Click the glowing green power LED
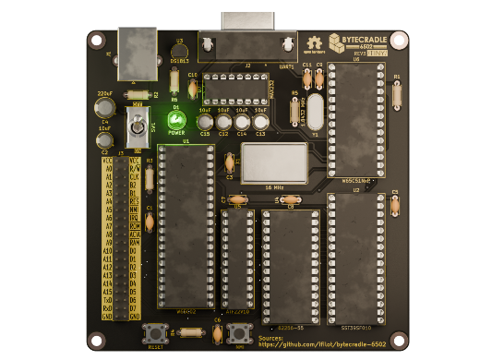click(176, 120)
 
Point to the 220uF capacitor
click(105, 109)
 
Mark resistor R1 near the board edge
click(397, 93)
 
